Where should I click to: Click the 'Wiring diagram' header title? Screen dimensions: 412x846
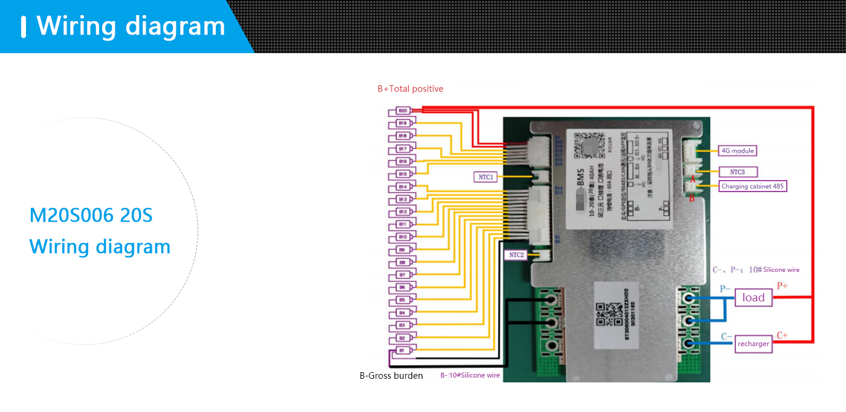[x=131, y=26]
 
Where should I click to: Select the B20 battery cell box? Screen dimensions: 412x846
[x=402, y=111]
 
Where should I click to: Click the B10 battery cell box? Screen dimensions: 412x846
[x=402, y=237]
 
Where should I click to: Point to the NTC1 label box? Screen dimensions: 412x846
[x=487, y=177]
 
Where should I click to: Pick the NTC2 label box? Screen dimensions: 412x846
[x=517, y=255]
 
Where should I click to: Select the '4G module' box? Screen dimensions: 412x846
[x=738, y=150]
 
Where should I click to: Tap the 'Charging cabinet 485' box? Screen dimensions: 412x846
[x=752, y=186]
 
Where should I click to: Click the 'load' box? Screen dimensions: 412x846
[x=754, y=297]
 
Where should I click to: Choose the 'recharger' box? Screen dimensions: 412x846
[x=754, y=344]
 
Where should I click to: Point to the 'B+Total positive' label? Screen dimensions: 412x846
[x=410, y=89]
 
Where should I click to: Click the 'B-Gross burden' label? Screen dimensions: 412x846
[x=391, y=376]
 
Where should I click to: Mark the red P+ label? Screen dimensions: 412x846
[x=782, y=285]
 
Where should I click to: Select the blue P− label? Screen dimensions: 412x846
[x=725, y=289]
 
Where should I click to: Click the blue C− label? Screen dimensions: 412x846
[x=726, y=336]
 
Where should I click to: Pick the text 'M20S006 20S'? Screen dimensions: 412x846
[x=91, y=215]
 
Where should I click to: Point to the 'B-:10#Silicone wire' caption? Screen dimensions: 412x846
[x=470, y=375]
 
